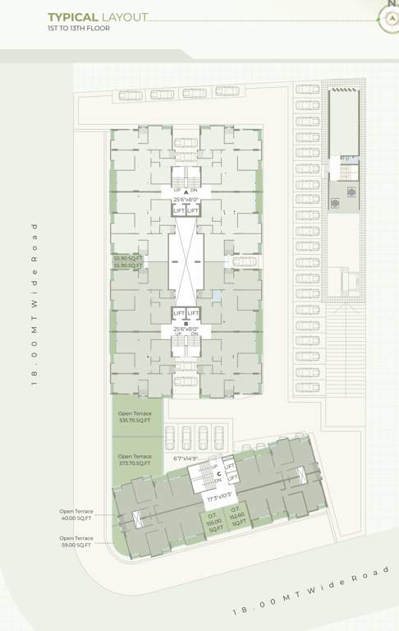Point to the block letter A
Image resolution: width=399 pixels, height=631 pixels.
coord(186,191)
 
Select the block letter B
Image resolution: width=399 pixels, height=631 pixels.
coord(186,323)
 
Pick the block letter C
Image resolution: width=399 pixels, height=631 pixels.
coord(219,473)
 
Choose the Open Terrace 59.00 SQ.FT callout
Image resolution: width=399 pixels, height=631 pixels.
coord(76,541)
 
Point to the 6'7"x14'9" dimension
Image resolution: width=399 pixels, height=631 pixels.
coord(186,459)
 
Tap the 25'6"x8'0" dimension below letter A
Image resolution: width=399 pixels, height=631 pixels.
coord(186,200)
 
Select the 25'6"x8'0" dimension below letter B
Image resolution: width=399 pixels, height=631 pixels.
coord(186,330)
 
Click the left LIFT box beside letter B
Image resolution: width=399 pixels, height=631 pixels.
coord(178,313)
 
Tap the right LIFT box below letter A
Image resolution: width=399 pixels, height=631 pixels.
coord(194,211)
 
